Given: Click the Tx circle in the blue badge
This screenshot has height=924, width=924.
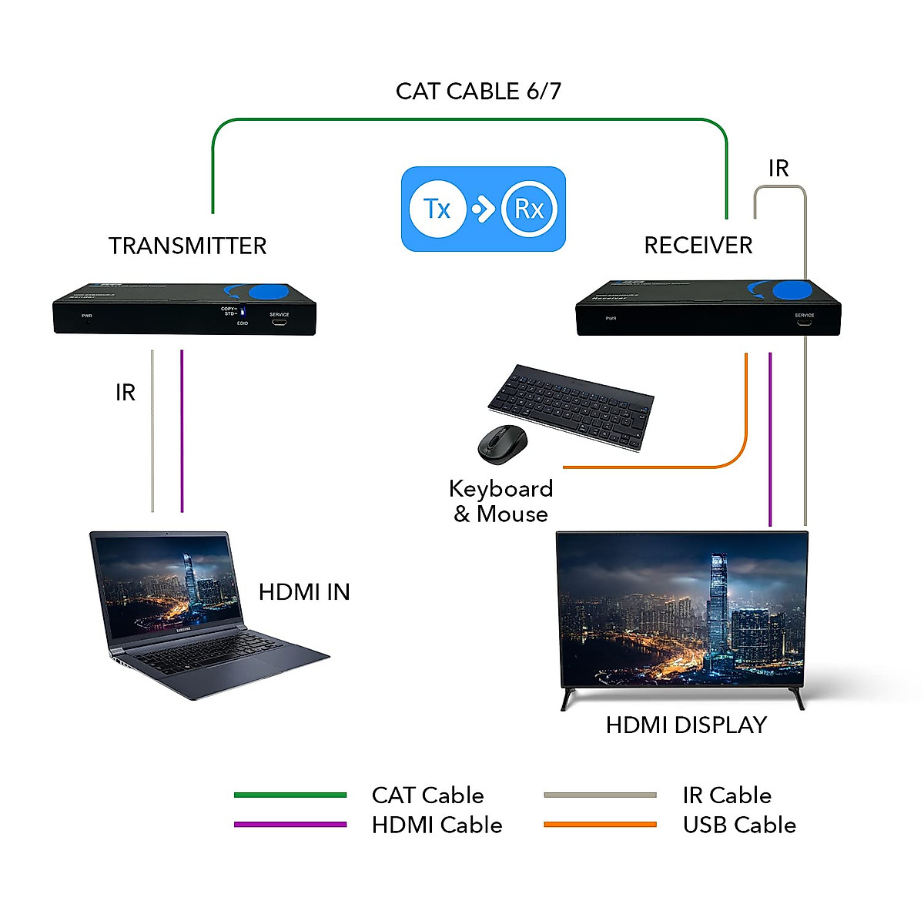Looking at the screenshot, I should [x=437, y=209].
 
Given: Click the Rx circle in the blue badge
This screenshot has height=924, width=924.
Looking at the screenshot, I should [x=529, y=209].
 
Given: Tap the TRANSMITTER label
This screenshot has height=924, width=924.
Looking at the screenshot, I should [x=187, y=246].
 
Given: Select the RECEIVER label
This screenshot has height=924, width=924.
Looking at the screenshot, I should [x=698, y=246].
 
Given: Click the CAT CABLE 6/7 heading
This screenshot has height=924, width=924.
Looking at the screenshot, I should [x=478, y=92].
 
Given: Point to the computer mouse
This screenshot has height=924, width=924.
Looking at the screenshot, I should [x=502, y=444].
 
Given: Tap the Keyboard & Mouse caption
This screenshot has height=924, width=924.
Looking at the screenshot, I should [x=500, y=501].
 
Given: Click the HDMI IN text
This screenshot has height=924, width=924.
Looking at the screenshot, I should [x=304, y=592].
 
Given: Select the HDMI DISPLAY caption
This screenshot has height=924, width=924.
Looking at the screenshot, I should [x=686, y=725].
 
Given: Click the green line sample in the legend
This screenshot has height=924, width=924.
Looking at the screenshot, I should [x=290, y=795].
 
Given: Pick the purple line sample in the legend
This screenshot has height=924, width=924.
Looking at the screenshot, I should [x=290, y=825].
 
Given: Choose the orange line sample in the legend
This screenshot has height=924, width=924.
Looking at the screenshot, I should [x=600, y=825].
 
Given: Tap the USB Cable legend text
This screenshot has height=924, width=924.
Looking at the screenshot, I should [x=739, y=825].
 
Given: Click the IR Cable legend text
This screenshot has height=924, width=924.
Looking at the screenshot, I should [x=727, y=795].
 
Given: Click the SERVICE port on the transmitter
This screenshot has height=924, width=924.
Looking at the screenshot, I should [x=279, y=323].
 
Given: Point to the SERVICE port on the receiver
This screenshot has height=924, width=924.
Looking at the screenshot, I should [x=804, y=323].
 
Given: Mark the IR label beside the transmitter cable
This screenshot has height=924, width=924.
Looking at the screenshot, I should [x=126, y=393].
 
